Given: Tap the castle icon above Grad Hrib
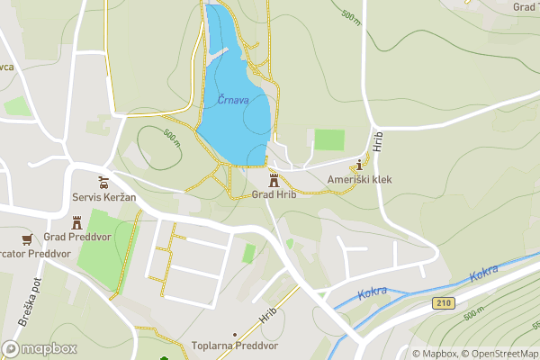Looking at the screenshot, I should pos(274,179).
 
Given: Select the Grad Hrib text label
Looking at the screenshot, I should pos(274,195).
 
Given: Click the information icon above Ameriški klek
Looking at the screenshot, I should pos(360,165).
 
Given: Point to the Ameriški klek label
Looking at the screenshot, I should pos(360,180).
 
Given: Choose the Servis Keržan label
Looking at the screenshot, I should pos(103,196).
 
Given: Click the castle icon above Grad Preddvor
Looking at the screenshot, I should pos(76,221).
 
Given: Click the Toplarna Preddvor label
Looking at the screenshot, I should pos(235,346).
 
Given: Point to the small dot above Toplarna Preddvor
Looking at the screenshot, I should pos(235,333).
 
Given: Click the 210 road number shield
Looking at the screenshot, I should pos(440,302).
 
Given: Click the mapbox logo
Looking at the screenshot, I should pos(40,348).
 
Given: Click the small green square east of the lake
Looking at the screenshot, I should pos(329,139).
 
